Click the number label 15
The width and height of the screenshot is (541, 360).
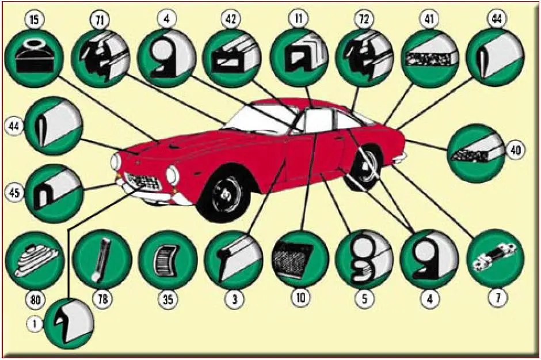tap(35, 20)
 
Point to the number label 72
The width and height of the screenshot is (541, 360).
tap(364, 20)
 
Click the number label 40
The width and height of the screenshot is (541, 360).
tap(515, 150)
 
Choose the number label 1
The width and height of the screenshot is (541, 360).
tap(35, 323)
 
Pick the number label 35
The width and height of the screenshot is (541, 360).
tap(167, 299)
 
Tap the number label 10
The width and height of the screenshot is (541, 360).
tap(301, 297)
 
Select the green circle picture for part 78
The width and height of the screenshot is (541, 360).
tap(102, 260)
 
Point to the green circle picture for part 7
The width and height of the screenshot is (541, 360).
tap(495, 259)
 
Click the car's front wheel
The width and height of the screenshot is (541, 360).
tap(223, 197)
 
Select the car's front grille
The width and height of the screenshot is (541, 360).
tap(143, 181)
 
